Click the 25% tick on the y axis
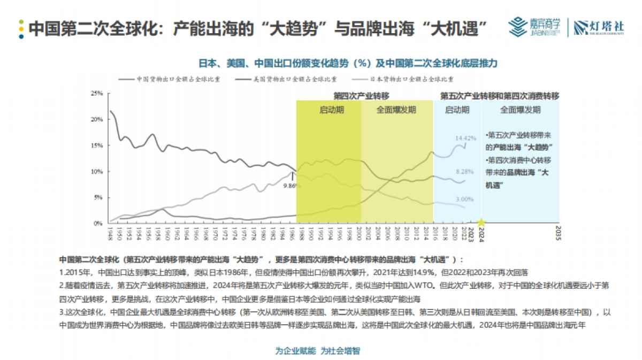pyautogui.click(x=97, y=93)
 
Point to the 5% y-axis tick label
pyautogui.click(x=98, y=197)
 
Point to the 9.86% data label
pyautogui.click(x=293, y=186)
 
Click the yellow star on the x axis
pyautogui.click(x=481, y=223)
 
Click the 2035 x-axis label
pyautogui.click(x=558, y=235)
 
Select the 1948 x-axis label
pyautogui.click(x=110, y=234)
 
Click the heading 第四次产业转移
pyautogui.click(x=361, y=96)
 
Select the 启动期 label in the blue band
pyautogui.click(x=457, y=110)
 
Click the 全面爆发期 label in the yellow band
pyautogui.click(x=396, y=110)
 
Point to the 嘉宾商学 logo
pyautogui.click(x=535, y=27)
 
